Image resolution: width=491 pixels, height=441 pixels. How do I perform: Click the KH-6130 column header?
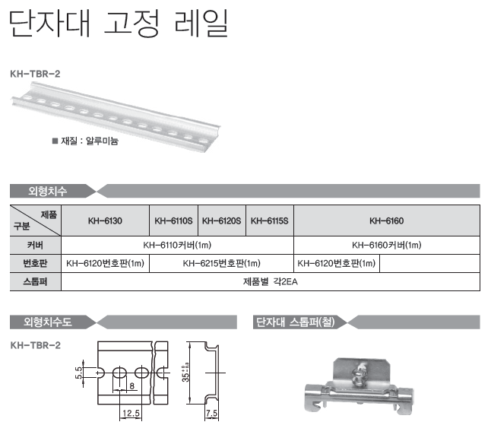tap(105, 220)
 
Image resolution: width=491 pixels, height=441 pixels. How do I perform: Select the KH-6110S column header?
tap(173, 220)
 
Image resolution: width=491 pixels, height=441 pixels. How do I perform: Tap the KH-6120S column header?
tap(222, 220)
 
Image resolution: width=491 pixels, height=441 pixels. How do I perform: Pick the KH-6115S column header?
tap(270, 220)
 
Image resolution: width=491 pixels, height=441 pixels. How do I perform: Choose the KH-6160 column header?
tap(386, 220)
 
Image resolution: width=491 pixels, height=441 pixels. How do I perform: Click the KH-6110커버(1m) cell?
tap(177, 245)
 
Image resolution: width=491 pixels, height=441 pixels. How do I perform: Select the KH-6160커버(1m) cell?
tap(386, 245)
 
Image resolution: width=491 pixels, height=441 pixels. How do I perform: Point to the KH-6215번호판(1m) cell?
tap(221, 263)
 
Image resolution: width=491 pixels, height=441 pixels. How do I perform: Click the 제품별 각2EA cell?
tap(271, 282)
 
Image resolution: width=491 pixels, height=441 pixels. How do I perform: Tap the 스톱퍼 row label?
tap(35, 282)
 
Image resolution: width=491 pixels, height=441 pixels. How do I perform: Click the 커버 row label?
tap(35, 245)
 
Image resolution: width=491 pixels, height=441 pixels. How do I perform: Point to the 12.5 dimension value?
tap(131, 413)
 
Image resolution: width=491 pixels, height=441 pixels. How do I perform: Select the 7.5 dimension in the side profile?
tap(212, 413)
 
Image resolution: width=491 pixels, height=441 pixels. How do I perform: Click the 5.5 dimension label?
tap(79, 373)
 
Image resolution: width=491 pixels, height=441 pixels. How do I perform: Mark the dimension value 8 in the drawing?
tap(131, 385)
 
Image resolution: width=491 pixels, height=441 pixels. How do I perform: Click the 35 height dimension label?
tap(186, 373)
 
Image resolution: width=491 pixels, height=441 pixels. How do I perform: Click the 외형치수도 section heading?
tap(48, 322)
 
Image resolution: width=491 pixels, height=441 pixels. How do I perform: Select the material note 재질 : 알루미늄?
tap(85, 141)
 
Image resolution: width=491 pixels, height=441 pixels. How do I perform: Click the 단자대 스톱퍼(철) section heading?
tap(296, 322)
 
